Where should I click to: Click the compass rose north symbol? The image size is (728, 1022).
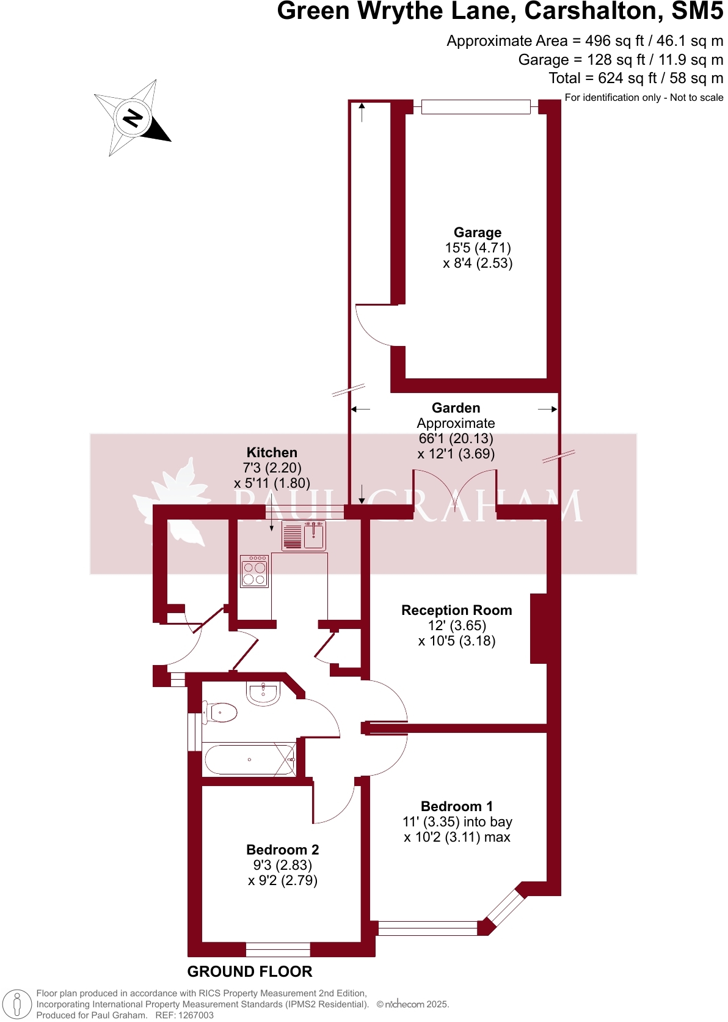coord(133,117)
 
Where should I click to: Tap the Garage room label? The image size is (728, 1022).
coord(478,232)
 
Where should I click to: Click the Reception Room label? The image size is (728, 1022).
coord(456,610)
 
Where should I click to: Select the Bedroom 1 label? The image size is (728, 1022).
coord(456,806)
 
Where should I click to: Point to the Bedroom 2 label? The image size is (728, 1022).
coord(282,850)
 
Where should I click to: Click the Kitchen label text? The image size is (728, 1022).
coord(272,452)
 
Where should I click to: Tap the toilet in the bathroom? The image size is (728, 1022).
coord(221,712)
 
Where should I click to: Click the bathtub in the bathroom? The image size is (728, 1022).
coord(249,760)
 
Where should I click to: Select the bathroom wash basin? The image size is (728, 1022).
coord(263,693)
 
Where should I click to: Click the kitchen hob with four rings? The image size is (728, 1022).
coord(254,572)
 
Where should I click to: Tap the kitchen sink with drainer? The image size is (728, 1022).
coord(304,536)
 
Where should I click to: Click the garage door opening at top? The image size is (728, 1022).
coord(476,107)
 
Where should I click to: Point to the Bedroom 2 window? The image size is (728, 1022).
coord(278,949)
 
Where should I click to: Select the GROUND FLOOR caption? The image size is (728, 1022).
coord(249,971)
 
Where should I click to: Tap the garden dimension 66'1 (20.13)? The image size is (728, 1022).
coord(456,438)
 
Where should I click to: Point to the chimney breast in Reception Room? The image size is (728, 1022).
coord(538,628)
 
